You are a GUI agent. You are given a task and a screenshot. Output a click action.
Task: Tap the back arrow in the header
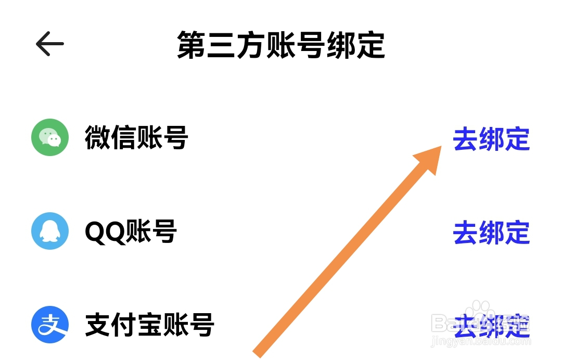[50, 44]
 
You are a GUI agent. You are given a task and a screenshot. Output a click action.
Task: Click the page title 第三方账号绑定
[281, 45]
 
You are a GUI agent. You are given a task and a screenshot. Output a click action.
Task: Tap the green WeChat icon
[50, 137]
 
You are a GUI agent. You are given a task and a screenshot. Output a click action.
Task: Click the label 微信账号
[136, 138]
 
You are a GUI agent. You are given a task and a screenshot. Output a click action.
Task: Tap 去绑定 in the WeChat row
[491, 139]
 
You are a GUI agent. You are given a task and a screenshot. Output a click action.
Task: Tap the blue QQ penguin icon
[50, 231]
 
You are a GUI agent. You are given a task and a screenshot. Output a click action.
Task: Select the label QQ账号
[131, 232]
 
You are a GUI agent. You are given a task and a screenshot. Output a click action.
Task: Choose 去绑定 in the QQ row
[491, 233]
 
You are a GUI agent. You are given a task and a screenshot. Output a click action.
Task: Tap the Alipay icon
[50, 325]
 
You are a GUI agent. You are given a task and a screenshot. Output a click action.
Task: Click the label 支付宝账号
[149, 325]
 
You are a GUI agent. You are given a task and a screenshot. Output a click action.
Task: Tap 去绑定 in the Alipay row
[491, 326]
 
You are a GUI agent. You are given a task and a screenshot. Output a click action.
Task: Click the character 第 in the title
[190, 45]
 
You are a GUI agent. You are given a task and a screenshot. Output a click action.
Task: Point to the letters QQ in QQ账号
[105, 232]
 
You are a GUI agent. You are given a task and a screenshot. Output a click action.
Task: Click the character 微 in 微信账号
[98, 138]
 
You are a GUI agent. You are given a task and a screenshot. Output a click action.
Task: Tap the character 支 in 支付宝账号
[98, 325]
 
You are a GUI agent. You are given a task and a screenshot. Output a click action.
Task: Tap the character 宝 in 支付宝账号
[149, 325]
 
